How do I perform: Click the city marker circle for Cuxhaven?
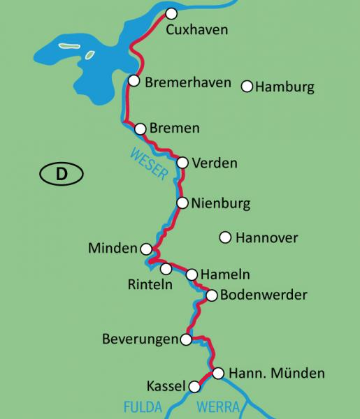(171, 13)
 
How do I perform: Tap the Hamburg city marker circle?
(247, 87)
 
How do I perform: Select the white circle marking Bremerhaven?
(133, 81)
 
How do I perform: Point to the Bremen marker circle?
(140, 128)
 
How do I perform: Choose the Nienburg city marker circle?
(182, 203)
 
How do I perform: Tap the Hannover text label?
(266, 238)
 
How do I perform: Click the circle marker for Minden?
(146, 249)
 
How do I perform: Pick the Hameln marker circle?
(192, 274)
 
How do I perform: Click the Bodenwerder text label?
(264, 295)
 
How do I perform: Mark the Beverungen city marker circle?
(185, 340)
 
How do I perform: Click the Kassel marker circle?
(194, 385)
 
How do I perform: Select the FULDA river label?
(143, 407)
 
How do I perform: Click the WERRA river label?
(218, 407)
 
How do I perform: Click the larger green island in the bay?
(69, 46)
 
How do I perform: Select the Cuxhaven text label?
(198, 30)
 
